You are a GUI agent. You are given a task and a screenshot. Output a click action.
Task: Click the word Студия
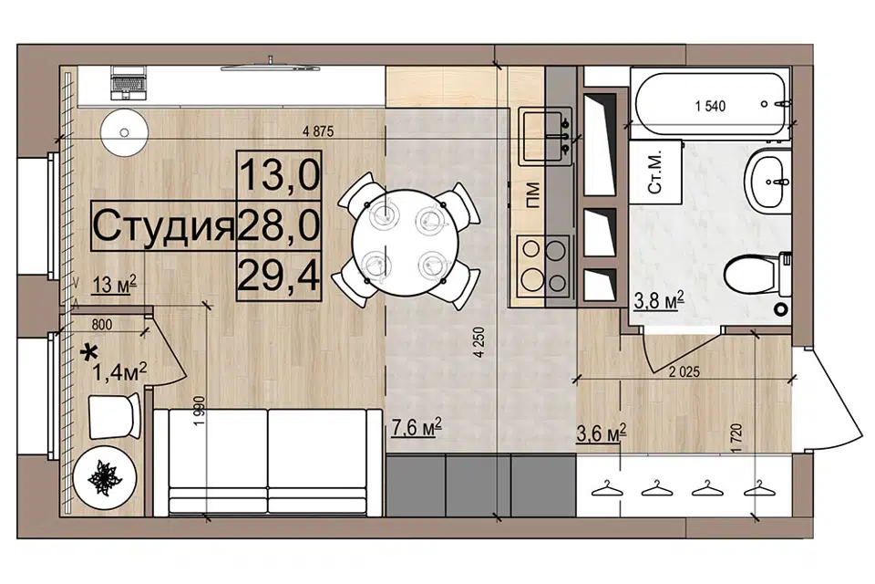tap(163, 226)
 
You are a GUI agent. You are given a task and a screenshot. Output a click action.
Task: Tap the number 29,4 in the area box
tap(279, 276)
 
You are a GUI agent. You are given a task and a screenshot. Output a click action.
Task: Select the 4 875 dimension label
tap(317, 132)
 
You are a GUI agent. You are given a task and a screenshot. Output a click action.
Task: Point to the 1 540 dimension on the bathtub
tap(710, 106)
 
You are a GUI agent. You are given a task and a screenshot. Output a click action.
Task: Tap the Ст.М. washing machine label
tap(654, 171)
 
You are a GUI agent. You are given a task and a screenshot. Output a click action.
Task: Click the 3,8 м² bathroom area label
tap(659, 300)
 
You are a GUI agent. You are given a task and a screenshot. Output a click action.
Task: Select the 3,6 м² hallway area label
tap(601, 433)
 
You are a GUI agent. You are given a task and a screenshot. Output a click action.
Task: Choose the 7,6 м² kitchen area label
tap(417, 428)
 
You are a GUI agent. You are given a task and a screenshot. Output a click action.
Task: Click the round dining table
tap(406, 243)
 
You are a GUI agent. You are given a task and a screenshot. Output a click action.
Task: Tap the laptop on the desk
tap(129, 83)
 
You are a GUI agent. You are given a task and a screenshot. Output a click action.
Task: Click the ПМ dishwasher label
tap(533, 195)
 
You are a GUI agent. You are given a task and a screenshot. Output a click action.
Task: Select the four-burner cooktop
tap(543, 266)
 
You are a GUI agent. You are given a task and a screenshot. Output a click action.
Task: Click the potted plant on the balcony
tap(105, 478)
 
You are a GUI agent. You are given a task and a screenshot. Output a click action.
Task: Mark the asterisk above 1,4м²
tap(88, 352)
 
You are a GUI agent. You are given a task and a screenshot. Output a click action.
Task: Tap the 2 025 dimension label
tap(685, 371)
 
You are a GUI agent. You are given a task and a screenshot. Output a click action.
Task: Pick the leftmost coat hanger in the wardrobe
tap(607, 488)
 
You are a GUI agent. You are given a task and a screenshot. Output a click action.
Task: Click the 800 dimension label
tap(101, 324)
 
